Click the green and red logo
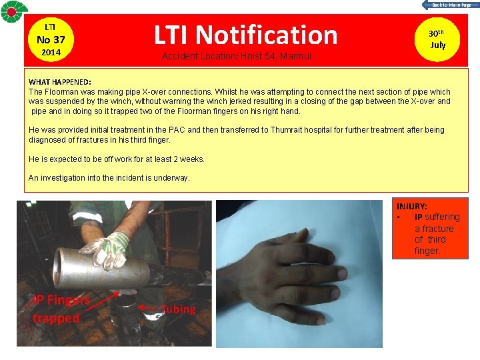(14, 11)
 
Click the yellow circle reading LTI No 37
(51, 40)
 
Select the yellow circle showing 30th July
(437, 39)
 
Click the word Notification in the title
(266, 35)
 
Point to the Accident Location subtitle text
(237, 56)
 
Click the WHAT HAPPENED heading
(60, 82)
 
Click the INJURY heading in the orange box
(412, 206)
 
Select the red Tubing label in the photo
(178, 309)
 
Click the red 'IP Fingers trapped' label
(61, 309)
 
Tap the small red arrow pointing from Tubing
(147, 307)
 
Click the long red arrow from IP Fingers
(103, 301)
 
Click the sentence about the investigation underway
(109, 178)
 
